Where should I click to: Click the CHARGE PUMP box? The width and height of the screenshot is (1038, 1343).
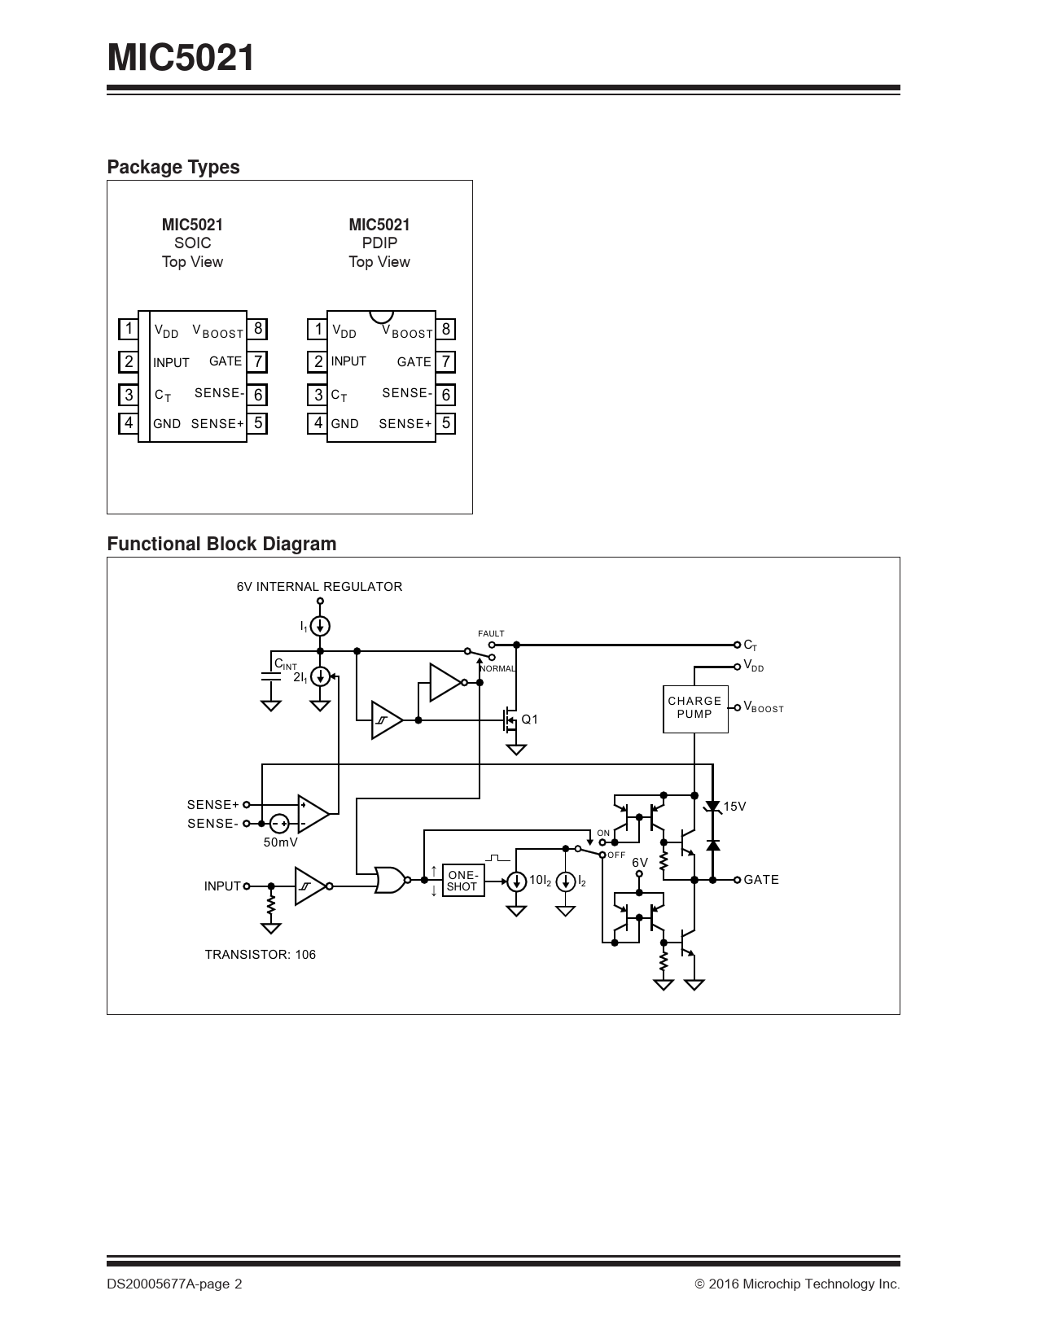point(694,708)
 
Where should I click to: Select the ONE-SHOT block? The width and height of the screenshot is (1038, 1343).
point(462,881)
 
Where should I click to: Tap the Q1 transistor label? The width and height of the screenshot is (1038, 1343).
point(530,720)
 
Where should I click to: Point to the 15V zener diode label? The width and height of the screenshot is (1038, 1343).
point(734,807)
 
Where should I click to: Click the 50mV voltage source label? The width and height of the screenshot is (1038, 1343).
point(280,842)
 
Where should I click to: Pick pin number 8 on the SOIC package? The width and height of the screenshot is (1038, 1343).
point(258,329)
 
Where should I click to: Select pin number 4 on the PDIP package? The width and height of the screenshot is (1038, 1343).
point(318,423)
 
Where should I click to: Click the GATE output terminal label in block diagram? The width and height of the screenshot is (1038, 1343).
point(761,880)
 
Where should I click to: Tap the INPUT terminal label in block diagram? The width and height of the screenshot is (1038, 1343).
point(222,886)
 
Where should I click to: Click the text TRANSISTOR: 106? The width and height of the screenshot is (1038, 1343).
point(260,955)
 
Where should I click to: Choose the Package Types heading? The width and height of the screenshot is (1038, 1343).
point(173,167)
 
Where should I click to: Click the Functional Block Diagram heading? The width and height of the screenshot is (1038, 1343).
point(221,544)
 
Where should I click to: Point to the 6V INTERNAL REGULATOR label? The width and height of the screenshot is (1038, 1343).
point(319,587)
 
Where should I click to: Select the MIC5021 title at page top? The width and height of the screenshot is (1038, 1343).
point(181,59)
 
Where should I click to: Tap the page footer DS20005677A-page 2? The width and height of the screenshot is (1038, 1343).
point(174,1284)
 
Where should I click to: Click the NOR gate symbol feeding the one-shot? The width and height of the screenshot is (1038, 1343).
point(389,880)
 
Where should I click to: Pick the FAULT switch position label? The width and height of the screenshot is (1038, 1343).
point(491,633)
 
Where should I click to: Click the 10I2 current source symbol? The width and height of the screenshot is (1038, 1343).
point(516,881)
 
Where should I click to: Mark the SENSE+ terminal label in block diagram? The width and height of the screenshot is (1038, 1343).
point(212,805)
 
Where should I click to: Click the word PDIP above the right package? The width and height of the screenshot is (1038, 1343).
point(379,243)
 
